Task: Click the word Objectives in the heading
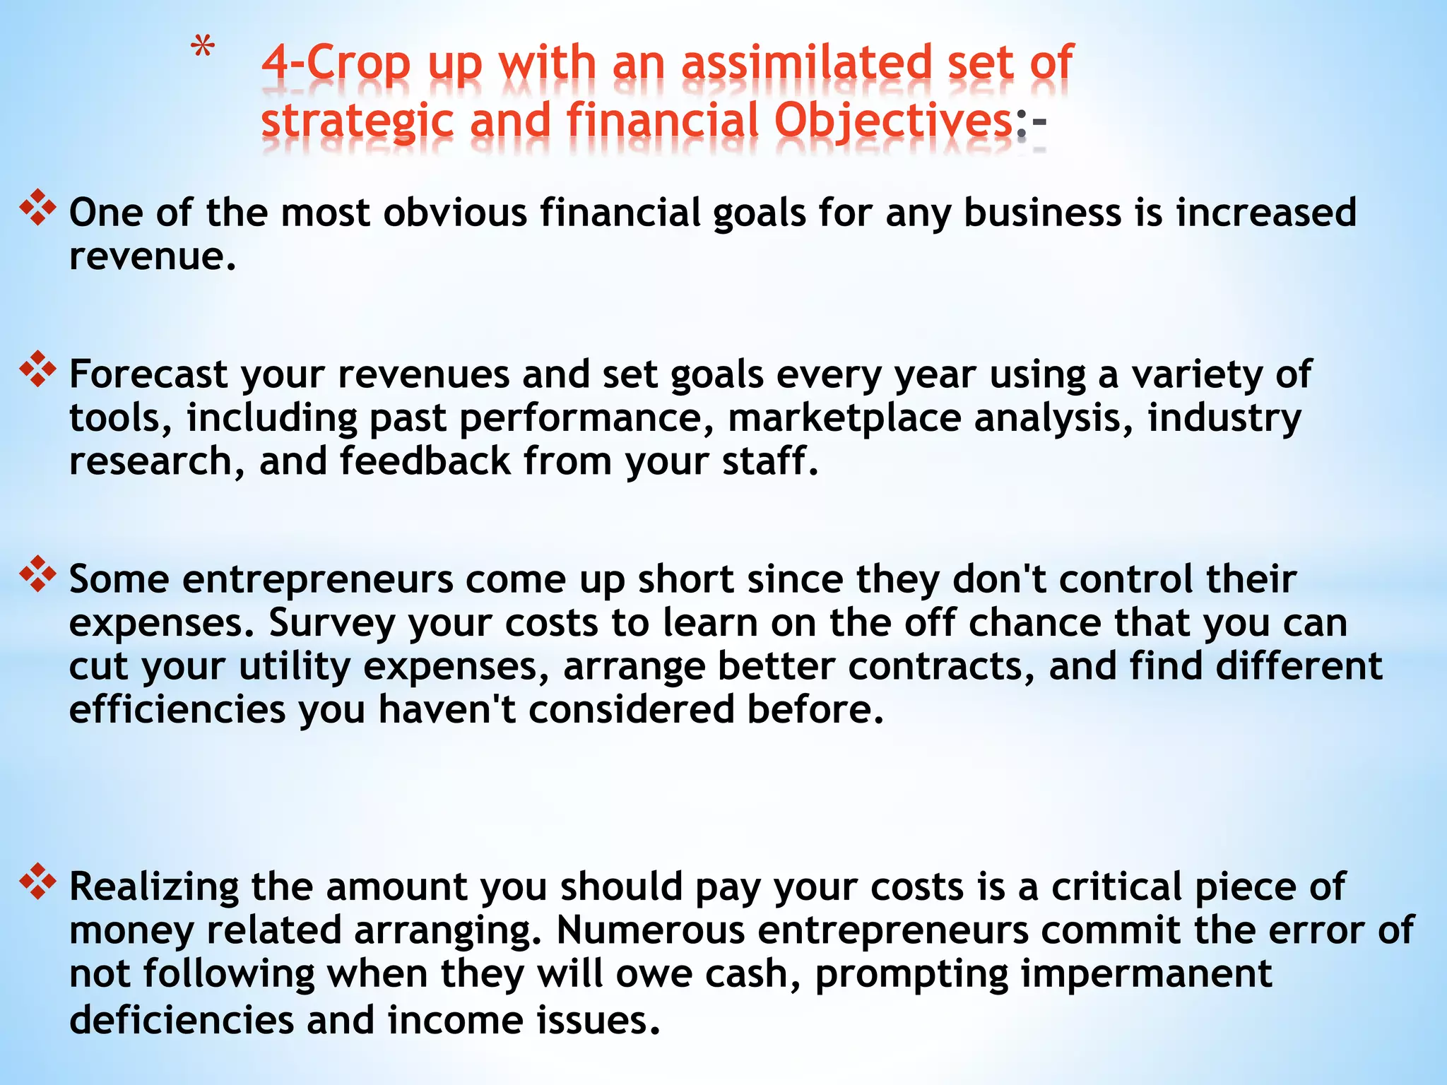(x=894, y=120)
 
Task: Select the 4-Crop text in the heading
(x=336, y=64)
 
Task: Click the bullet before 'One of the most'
(x=37, y=208)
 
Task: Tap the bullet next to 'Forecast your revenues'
(x=37, y=369)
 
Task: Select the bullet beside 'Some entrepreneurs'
(x=37, y=574)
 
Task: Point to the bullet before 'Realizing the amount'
(x=37, y=882)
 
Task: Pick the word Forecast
(x=148, y=374)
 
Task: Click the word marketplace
(x=844, y=417)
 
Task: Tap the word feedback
(x=425, y=461)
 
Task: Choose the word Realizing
(x=154, y=887)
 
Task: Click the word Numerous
(x=651, y=930)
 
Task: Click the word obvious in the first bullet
(x=455, y=213)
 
